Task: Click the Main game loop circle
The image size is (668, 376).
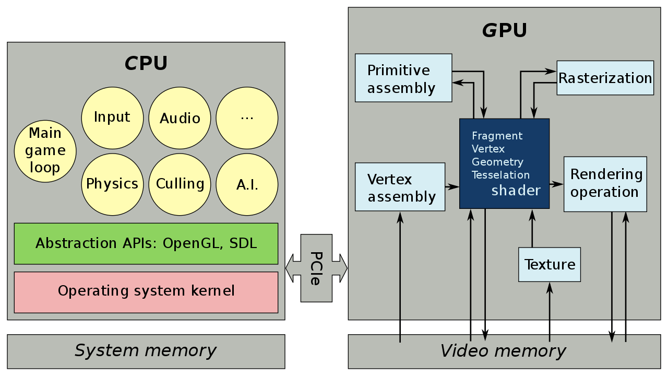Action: [x=45, y=151]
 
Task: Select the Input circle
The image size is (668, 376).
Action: [x=112, y=118]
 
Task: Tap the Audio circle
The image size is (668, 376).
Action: [x=180, y=118]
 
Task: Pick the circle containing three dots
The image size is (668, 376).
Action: [x=247, y=118]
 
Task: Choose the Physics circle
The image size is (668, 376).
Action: [x=112, y=184]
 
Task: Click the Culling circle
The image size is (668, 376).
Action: [x=180, y=184]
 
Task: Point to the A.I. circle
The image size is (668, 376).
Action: [x=247, y=184]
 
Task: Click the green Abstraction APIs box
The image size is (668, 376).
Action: [x=146, y=243]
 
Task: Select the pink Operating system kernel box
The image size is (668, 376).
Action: [x=146, y=292]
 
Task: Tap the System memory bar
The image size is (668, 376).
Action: [x=146, y=351]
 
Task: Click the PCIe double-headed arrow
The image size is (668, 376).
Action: [x=316, y=268]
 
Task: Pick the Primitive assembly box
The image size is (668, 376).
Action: [x=403, y=78]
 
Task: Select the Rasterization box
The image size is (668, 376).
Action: [x=605, y=78]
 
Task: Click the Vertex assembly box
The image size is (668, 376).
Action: [x=400, y=187]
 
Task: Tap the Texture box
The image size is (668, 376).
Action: [x=550, y=265]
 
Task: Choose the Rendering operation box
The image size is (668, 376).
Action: [x=605, y=184]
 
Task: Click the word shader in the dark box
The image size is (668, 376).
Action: [x=516, y=191]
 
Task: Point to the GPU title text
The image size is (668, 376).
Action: [x=505, y=30]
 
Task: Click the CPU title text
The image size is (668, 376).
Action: [x=146, y=63]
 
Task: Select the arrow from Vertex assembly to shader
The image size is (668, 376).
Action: [x=452, y=187]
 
